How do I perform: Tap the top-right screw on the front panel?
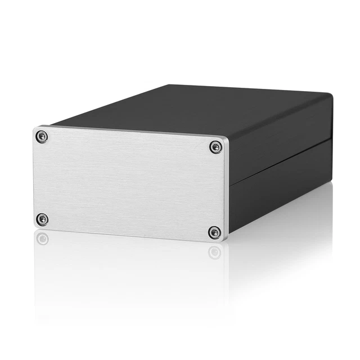[215, 147]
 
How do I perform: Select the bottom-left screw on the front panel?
[42, 219]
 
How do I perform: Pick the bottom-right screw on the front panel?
[214, 232]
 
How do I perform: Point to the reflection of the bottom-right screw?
[214, 251]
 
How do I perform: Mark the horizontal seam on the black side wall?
[281, 157]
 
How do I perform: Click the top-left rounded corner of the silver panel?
[35, 129]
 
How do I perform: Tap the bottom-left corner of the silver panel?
[35, 226]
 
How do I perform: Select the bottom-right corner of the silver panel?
[226, 240]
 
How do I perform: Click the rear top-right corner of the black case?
[332, 94]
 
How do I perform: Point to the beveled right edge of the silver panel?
[228, 188]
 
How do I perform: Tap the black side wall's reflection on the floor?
[281, 225]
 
